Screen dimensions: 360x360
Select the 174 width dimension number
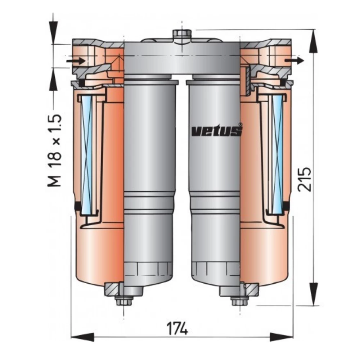(177, 329)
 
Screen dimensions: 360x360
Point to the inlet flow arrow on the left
(76, 61)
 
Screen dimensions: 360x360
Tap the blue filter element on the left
(87, 155)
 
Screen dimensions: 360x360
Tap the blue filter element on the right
(278, 155)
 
